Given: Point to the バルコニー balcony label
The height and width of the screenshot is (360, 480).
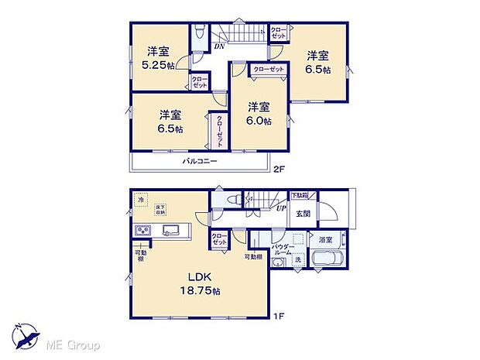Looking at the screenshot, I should coord(199,161).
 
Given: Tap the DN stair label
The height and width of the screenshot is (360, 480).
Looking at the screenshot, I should coord(220,44).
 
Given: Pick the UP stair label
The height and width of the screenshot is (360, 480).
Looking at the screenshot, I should coord(282,207).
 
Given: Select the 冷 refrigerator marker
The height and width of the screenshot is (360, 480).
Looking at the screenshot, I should coord(140,200).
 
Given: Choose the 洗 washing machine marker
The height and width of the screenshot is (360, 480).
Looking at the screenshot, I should coord(297,259).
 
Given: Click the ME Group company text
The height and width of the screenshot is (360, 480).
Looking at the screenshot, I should coord(74,344).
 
